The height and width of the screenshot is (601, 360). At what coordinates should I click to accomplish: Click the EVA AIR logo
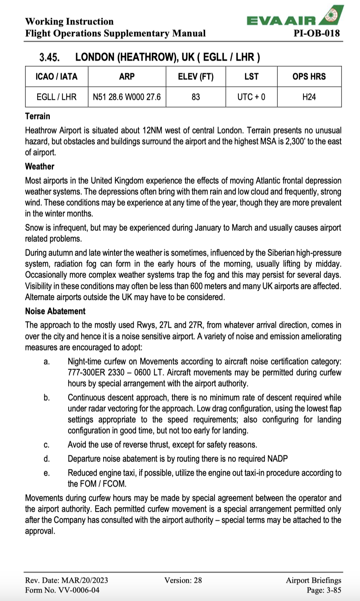click(x=295, y=18)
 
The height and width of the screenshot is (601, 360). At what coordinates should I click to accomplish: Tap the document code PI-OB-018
click(x=316, y=33)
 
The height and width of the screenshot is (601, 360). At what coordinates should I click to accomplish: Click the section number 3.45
click(x=49, y=58)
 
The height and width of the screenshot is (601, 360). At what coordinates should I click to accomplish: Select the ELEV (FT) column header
click(x=195, y=76)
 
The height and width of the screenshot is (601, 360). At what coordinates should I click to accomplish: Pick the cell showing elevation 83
click(x=195, y=97)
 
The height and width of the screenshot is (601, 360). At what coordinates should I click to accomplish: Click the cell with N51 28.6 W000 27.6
click(x=127, y=97)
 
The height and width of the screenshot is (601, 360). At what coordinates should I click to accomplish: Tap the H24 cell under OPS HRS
click(x=309, y=97)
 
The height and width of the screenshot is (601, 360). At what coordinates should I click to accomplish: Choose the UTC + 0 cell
click(x=251, y=97)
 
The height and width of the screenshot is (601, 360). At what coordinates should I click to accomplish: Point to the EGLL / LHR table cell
click(x=56, y=97)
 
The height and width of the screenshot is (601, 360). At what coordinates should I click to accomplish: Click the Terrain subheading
click(x=38, y=116)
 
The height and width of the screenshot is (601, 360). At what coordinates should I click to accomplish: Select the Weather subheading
click(x=40, y=166)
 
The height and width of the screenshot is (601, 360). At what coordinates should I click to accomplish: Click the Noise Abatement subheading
click(x=55, y=311)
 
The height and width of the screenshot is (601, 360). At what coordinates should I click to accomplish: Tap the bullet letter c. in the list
click(x=47, y=445)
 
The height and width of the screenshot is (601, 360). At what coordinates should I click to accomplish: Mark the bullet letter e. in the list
click(x=47, y=473)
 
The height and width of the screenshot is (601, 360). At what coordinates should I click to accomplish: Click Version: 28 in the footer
click(x=183, y=580)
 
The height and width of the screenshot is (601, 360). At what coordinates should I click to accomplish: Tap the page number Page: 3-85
click(x=324, y=590)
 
